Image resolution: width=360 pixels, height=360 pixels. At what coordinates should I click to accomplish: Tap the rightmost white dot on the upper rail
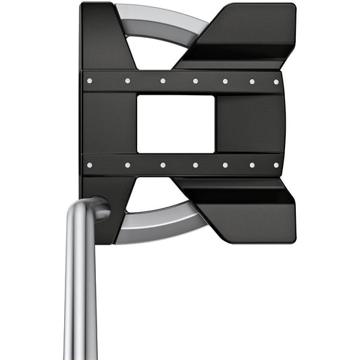(x=276, y=82)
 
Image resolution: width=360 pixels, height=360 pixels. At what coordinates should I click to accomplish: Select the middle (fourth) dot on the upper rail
(x=195, y=81)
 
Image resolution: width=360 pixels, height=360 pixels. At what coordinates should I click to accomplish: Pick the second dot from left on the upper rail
(x=127, y=80)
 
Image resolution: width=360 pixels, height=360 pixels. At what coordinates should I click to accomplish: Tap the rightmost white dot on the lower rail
(x=276, y=163)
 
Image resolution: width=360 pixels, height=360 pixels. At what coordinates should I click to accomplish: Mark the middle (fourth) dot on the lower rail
(x=195, y=164)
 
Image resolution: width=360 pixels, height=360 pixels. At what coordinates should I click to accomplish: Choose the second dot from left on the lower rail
(x=127, y=164)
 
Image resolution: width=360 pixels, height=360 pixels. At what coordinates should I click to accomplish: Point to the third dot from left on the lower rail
(x=163, y=164)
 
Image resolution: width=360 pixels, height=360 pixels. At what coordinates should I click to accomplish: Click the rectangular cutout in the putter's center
(x=176, y=124)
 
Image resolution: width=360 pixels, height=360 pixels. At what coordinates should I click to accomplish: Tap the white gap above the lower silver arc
(x=159, y=196)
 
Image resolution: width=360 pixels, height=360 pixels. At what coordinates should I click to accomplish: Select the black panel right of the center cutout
(x=250, y=123)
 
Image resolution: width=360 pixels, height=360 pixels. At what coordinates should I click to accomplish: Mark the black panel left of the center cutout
(x=108, y=123)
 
